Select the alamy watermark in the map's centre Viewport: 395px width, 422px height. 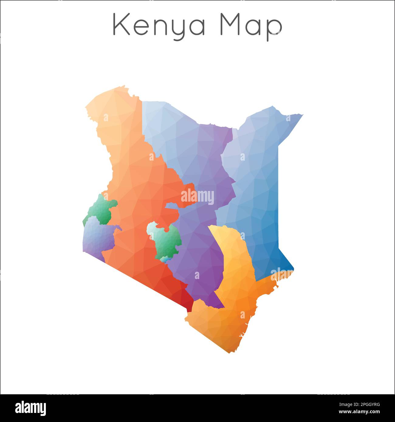tap(197, 197)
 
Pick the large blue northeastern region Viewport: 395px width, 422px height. tap(258, 188)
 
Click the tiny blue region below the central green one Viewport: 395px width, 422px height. tap(164, 259)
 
